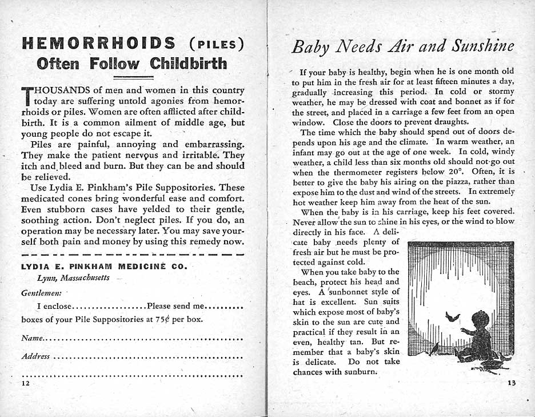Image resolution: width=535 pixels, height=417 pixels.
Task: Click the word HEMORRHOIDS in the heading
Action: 97,43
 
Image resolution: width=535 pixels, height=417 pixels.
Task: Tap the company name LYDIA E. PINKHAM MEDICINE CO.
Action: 104,266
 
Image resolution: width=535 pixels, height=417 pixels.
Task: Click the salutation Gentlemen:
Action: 38,292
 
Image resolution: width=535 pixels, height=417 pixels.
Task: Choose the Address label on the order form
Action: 35,356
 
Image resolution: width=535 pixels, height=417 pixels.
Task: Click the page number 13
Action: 510,383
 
